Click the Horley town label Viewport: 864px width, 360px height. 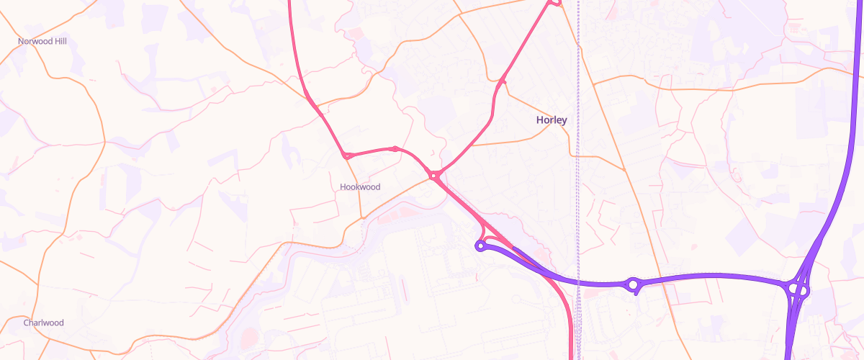click(x=552, y=120)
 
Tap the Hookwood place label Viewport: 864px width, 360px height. click(x=359, y=187)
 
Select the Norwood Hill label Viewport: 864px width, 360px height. click(x=42, y=42)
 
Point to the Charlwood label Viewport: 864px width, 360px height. click(x=43, y=323)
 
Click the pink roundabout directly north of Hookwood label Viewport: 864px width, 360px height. click(x=347, y=155)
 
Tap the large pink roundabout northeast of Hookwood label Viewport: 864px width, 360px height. click(x=434, y=175)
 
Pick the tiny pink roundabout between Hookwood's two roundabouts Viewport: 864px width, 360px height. click(x=395, y=149)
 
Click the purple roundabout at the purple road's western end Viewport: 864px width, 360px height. click(x=480, y=246)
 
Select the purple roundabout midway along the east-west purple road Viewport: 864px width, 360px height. click(x=633, y=285)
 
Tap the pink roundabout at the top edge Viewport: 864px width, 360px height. click(x=553, y=3)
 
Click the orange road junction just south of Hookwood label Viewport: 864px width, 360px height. click(x=361, y=215)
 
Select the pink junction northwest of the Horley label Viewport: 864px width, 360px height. click(x=503, y=81)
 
